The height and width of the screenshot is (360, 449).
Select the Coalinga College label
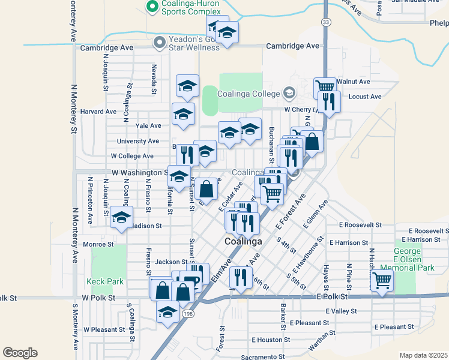[x=249, y=94]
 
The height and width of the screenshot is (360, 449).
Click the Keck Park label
[x=104, y=281]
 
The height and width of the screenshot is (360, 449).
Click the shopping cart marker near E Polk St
[x=382, y=280]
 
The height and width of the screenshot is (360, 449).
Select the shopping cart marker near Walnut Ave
[x=325, y=88]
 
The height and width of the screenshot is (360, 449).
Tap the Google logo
[x=20, y=353]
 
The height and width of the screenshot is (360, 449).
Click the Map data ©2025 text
[x=423, y=355]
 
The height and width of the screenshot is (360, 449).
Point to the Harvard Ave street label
[x=98, y=112]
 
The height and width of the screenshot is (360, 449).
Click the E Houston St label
[x=271, y=340]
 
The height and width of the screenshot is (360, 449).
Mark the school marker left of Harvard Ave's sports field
[x=184, y=114]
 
